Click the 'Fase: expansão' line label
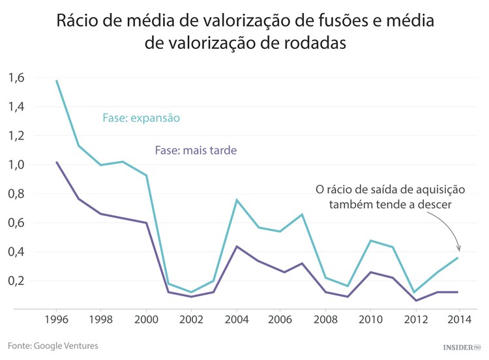[x=141, y=118]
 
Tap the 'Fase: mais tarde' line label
[x=196, y=150]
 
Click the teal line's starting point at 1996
[x=57, y=81]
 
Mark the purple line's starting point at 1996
[x=57, y=162]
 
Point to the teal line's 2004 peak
[x=235, y=200]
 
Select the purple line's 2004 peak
[x=235, y=247]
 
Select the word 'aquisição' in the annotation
[x=440, y=190]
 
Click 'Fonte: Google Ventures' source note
[x=53, y=345]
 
